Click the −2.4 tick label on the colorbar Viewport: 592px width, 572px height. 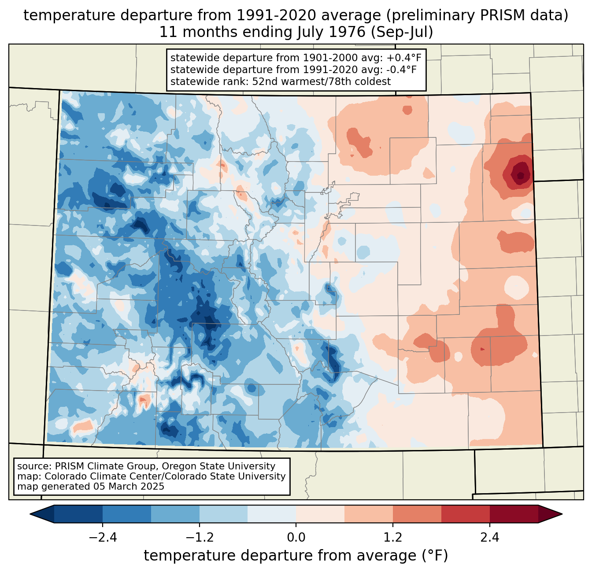point(103,538)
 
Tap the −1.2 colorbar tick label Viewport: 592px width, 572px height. point(199,538)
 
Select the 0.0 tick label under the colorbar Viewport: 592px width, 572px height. point(296,538)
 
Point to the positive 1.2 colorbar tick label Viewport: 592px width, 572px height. point(393,538)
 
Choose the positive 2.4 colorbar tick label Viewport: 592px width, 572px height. point(489,538)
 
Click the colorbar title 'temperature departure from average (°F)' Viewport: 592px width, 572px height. point(296,556)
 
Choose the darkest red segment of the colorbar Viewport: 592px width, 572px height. point(514,514)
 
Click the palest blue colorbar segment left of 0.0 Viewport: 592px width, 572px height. point(272,514)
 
